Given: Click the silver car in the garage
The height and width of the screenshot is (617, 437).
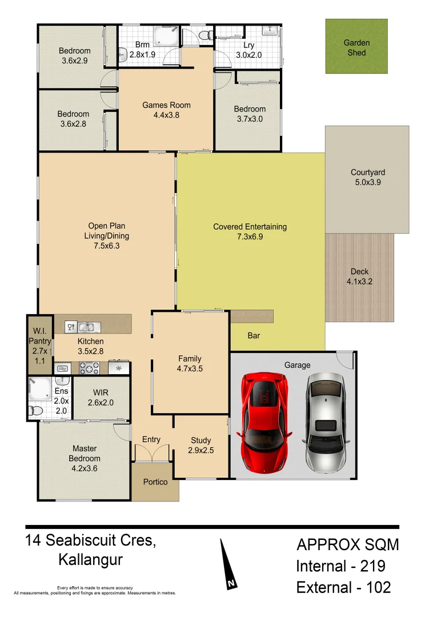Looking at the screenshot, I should pos(326,422).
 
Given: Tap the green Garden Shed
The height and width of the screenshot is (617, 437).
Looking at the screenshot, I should pos(356,47).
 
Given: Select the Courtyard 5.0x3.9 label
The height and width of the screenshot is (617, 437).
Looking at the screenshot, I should pos(368,177).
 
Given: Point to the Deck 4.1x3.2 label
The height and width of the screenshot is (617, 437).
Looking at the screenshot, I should pos(359,277).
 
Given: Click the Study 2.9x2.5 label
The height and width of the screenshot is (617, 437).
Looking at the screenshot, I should pos(201,445).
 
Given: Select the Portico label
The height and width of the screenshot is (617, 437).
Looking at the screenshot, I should pos(155,482).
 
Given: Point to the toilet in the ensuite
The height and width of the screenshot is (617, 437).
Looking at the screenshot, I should pos(35,410).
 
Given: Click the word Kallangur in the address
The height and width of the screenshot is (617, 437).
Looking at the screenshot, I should pos(90,560).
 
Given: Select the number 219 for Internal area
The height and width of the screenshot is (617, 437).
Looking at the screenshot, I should pos(372,567).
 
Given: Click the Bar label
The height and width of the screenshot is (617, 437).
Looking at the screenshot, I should pos(254,335).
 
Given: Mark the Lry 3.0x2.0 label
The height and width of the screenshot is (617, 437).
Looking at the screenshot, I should pos(248,50).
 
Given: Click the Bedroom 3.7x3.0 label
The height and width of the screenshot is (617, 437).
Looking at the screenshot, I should pos(250,114).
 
